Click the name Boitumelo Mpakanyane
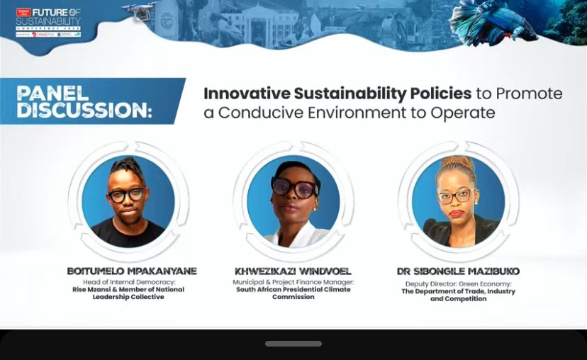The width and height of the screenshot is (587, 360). coord(131,271)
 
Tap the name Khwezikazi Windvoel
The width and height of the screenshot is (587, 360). coord(293,271)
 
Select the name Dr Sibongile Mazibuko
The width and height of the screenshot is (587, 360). coord(458,271)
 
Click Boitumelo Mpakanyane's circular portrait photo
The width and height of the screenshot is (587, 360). coord(128,201)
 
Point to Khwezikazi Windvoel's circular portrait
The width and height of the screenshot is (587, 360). coord(293,201)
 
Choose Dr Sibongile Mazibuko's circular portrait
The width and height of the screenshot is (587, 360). coord(458,201)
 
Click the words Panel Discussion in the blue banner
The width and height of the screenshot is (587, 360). coord(84,101)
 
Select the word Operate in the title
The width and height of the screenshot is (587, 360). coord(464,113)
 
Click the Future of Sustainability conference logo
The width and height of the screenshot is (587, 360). coord(48,22)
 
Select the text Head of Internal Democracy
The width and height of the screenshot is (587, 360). coord(128,282)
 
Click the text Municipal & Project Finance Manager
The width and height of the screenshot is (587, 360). coord(293,282)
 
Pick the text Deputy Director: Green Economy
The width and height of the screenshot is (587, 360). coord(458,283)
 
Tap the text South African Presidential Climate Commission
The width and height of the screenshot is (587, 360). coord(293,293)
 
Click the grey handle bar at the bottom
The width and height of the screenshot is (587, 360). coord(293,344)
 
